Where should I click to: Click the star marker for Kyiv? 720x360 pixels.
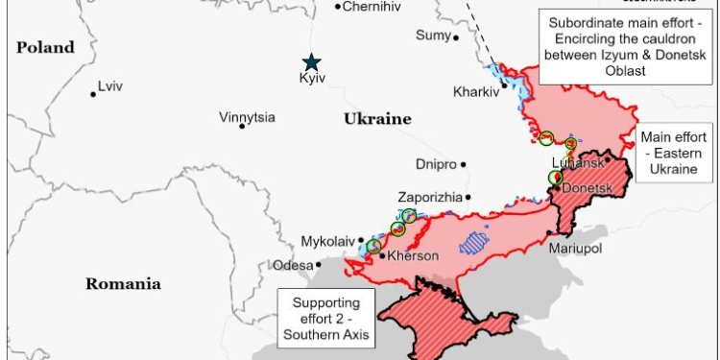pos(311,62)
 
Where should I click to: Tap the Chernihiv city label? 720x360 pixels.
pos(371,7)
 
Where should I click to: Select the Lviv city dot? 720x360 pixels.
pos(93,93)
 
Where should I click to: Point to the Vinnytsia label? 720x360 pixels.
pos(247,117)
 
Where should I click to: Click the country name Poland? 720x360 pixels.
pos(45,47)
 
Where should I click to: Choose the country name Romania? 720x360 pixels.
pos(123,283)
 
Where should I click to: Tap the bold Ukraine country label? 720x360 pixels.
pos(377,119)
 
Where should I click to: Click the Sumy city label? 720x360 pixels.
pos(432,36)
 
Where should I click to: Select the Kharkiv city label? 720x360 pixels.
pos(476,92)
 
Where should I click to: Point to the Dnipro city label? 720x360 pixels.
pos(436,164)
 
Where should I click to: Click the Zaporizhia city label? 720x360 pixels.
pos(429,197)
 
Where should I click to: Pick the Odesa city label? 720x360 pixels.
pos(293,265)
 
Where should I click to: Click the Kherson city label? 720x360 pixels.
pos(414,256)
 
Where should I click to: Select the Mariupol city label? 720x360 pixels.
pos(575,249)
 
